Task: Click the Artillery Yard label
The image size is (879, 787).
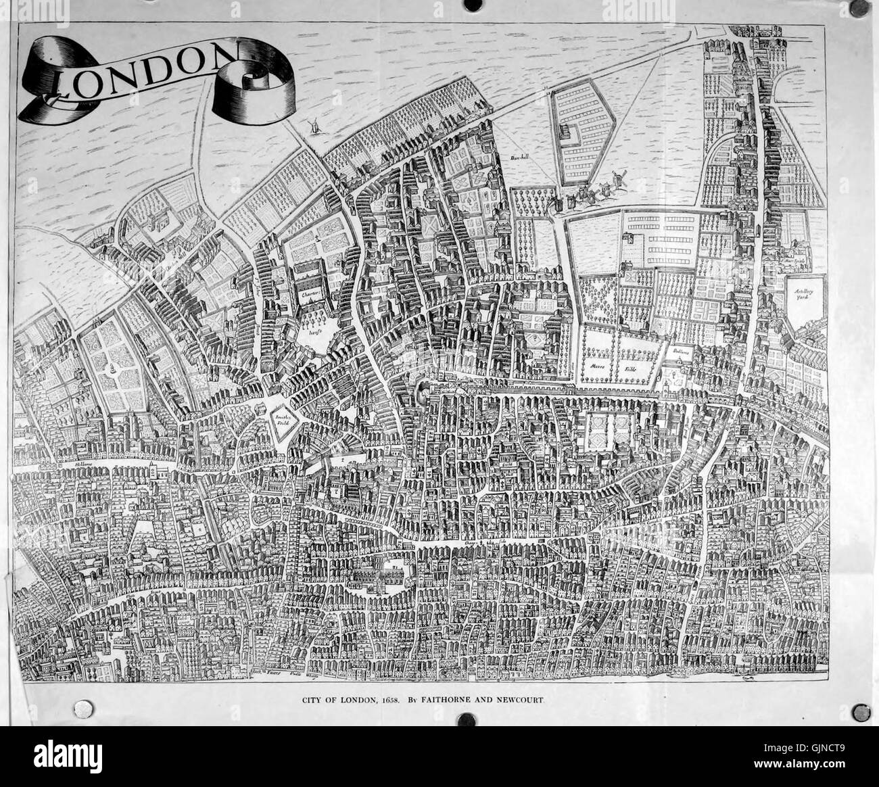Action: [x=803, y=294]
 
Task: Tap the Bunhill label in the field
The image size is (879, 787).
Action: [x=520, y=159]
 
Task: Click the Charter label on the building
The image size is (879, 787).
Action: [x=309, y=294]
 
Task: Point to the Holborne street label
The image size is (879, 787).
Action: [x=84, y=466]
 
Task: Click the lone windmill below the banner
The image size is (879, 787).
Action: [x=312, y=126]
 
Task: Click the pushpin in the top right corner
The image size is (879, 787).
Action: [x=862, y=11]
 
